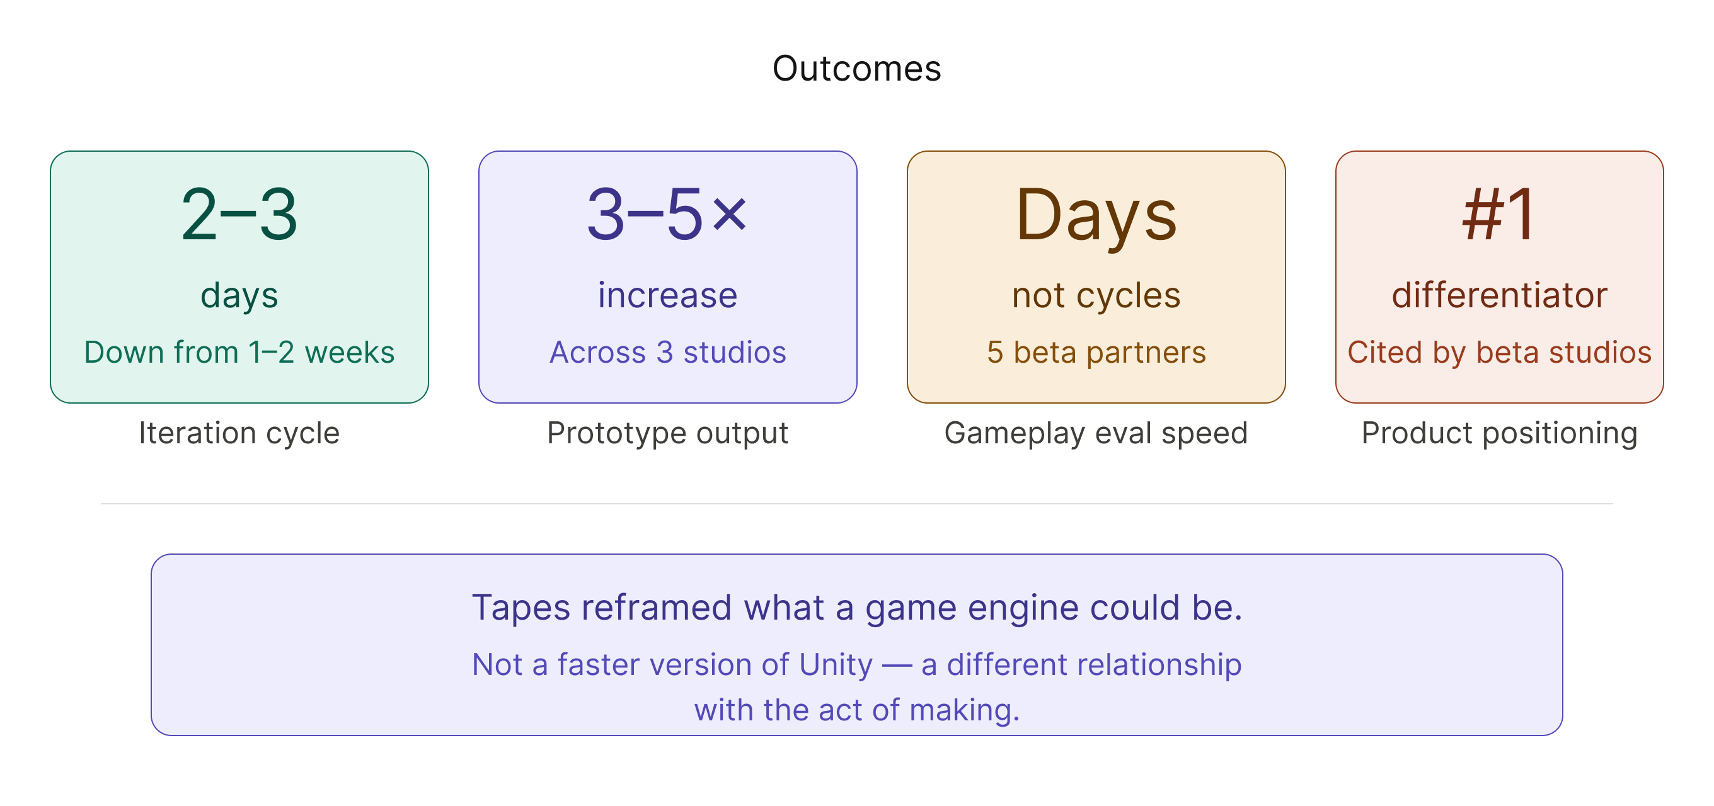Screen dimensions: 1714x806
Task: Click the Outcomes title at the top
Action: (x=856, y=69)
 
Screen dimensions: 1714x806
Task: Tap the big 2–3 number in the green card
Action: (x=239, y=215)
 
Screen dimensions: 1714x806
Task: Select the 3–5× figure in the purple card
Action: (x=667, y=215)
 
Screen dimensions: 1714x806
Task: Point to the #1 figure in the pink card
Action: (x=1499, y=215)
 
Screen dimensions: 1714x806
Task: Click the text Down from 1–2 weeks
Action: (x=239, y=353)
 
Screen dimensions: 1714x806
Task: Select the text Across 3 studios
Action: (x=667, y=353)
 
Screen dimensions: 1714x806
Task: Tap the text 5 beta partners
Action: (x=1096, y=353)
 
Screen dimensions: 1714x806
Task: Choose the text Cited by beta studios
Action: (x=1499, y=353)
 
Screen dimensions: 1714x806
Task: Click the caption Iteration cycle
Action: (x=239, y=433)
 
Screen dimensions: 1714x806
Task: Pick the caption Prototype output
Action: (x=667, y=433)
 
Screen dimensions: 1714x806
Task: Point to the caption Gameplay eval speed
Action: (x=1096, y=433)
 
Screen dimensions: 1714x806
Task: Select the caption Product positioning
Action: (x=1499, y=433)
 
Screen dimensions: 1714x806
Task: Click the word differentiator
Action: (x=1499, y=295)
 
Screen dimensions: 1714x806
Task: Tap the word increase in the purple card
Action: (x=667, y=295)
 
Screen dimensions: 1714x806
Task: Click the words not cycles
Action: (x=1096, y=295)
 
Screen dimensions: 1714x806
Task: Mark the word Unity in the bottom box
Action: (x=835, y=665)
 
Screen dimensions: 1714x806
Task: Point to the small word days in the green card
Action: (x=239, y=295)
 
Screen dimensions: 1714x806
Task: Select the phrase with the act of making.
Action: (x=856, y=710)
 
